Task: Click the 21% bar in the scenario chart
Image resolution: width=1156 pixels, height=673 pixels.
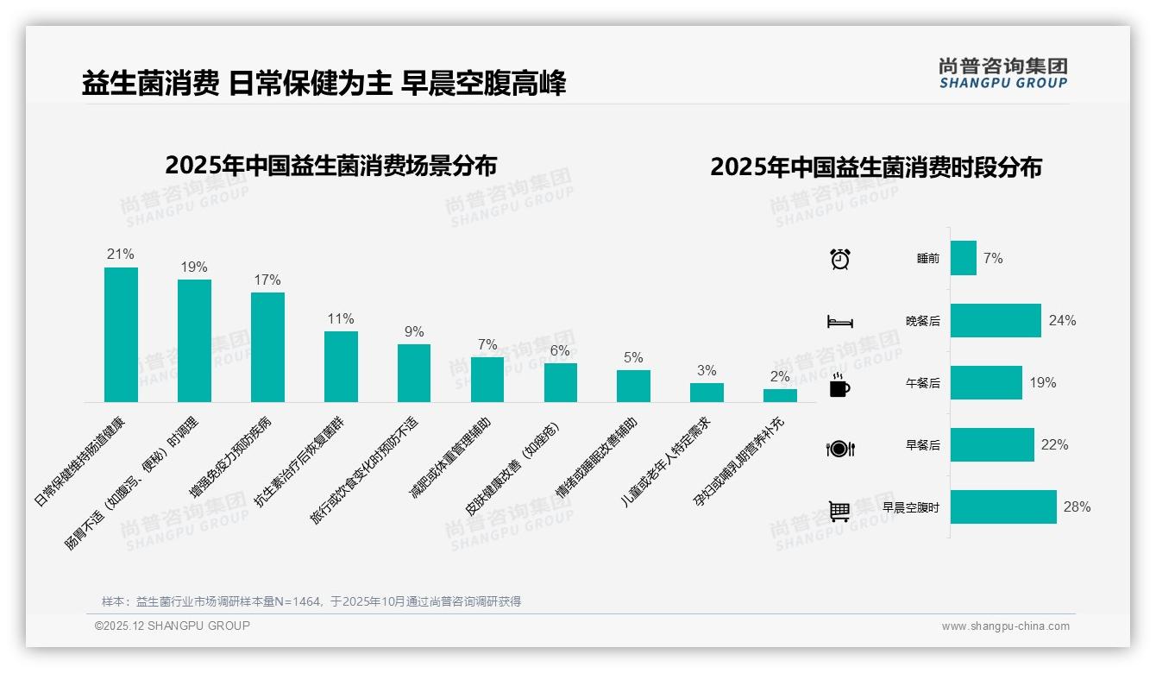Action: (121, 335)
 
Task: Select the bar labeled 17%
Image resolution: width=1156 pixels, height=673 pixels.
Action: (267, 347)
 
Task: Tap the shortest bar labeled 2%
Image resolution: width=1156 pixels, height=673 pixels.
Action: (780, 395)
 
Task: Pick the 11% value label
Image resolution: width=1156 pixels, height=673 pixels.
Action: (341, 319)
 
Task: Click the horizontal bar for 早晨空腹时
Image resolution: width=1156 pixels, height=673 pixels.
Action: (1003, 507)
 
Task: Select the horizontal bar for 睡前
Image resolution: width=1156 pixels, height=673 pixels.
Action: (964, 258)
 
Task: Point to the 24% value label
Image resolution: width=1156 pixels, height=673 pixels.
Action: (1062, 321)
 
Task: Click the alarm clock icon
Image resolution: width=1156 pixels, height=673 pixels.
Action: (839, 259)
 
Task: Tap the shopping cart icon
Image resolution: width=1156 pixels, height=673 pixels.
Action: (839, 511)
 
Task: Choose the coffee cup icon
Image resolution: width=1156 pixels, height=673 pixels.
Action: (839, 386)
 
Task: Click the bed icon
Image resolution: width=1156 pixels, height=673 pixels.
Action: (839, 322)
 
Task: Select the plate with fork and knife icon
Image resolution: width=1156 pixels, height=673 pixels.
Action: (839, 448)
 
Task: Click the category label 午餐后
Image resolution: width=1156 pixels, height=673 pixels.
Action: (922, 383)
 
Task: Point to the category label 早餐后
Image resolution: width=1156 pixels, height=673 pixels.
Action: (922, 445)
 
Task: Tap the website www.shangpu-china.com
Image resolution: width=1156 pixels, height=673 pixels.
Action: (1005, 626)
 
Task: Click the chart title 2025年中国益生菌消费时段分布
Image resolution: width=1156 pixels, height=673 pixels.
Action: (876, 167)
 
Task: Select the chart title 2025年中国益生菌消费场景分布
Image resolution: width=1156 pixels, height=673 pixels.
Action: (330, 165)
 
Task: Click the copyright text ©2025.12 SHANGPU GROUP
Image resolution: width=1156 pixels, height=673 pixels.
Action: (173, 626)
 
